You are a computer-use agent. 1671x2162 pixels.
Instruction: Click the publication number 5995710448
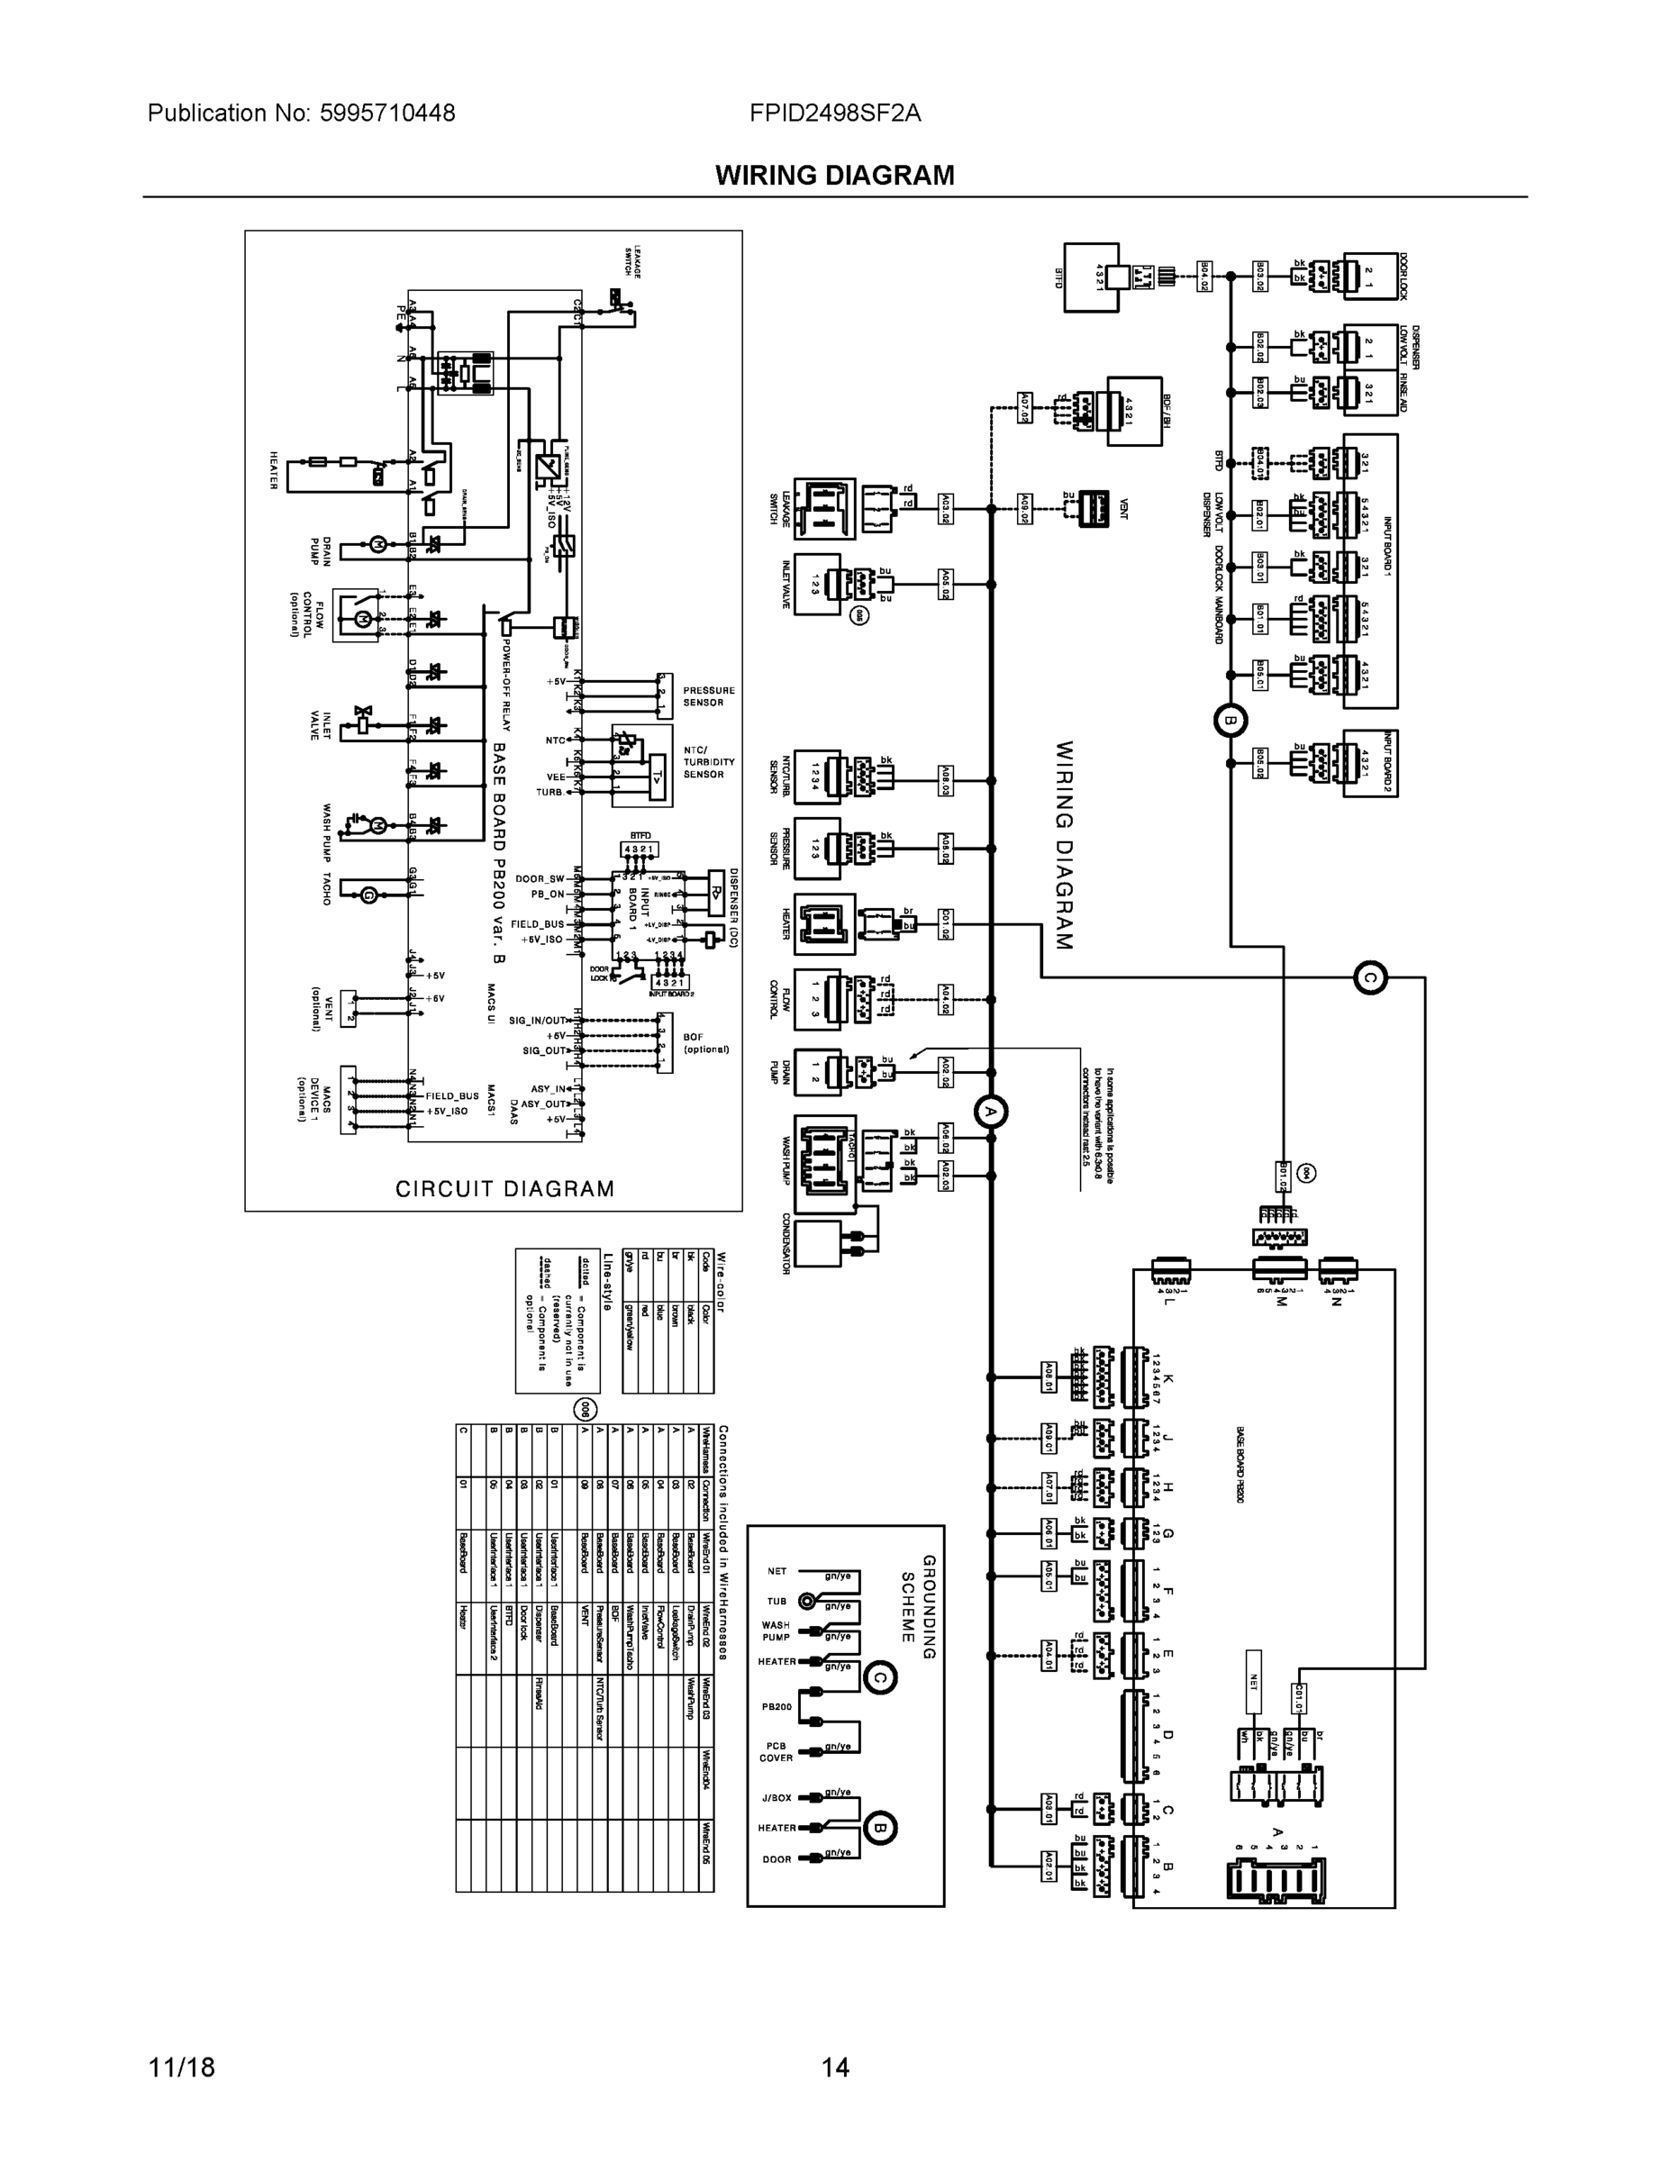387,113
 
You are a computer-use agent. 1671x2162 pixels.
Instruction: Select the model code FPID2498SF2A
834,113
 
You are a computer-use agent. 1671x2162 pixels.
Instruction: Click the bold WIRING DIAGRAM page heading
834,176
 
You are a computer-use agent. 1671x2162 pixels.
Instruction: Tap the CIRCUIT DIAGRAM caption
504,1189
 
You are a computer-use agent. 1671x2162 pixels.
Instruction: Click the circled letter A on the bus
989,1113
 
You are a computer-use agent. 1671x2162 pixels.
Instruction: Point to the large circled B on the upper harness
1230,721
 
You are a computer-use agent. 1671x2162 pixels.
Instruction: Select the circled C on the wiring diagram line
1370,978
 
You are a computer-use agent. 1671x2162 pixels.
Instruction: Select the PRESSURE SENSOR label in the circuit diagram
709,696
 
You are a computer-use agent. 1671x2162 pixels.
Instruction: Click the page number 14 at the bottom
834,2067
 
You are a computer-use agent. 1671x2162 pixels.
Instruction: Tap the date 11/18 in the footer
181,2067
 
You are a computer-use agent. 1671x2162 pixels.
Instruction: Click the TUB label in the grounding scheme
777,1601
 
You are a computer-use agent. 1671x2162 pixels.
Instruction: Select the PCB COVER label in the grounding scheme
776,1752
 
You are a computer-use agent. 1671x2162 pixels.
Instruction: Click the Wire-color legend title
722,1283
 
